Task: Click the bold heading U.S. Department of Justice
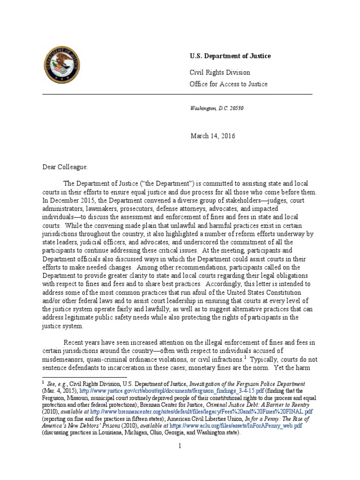click(230, 56)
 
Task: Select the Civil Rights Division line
click(219, 73)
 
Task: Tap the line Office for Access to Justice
click(228, 84)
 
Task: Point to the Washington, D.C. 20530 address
click(216, 108)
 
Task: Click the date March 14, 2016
click(212, 136)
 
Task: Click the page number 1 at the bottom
click(180, 446)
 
